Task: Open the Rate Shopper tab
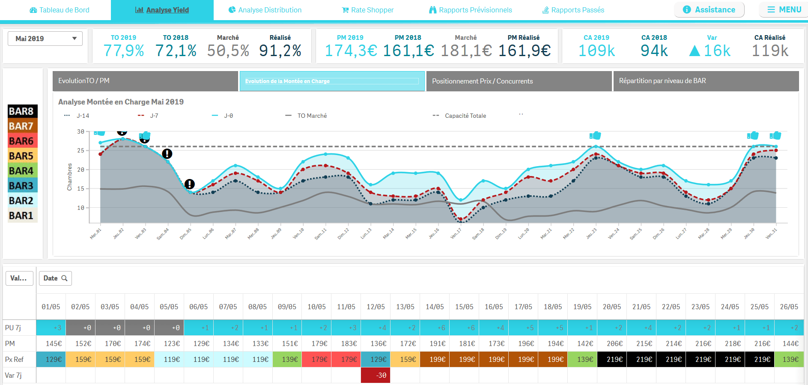click(368, 10)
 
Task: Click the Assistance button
click(709, 10)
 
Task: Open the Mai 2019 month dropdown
click(45, 39)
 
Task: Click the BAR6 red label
click(22, 141)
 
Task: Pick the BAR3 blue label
click(22, 186)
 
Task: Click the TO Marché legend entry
click(306, 116)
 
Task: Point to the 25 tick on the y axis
click(81, 150)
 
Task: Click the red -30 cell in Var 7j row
click(376, 375)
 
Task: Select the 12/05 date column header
click(376, 307)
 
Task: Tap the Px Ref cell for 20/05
click(612, 359)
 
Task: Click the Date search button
click(55, 278)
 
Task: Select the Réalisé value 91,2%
click(280, 51)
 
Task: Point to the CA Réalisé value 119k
click(770, 51)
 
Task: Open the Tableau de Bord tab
click(60, 10)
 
